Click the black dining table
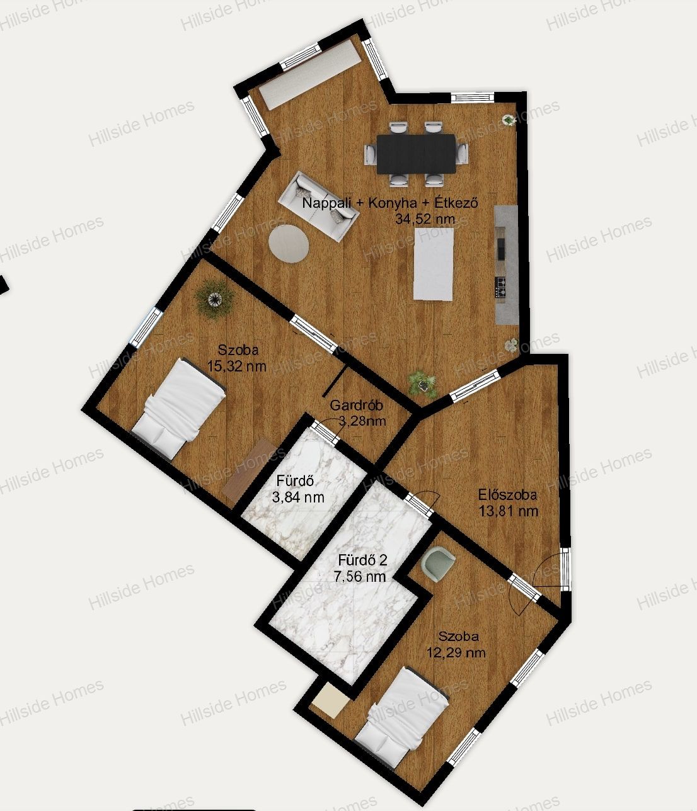(x=416, y=154)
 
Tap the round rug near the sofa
(x=289, y=244)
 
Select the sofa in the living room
(x=318, y=206)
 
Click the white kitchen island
(x=434, y=264)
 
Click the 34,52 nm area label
(x=425, y=219)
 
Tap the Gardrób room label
(x=356, y=405)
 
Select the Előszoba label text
(x=507, y=495)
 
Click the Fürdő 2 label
(x=363, y=560)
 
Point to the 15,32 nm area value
(x=237, y=366)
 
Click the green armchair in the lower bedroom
(x=437, y=562)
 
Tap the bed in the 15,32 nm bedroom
(x=179, y=408)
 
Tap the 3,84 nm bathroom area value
(x=298, y=497)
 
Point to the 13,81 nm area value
(x=509, y=511)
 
